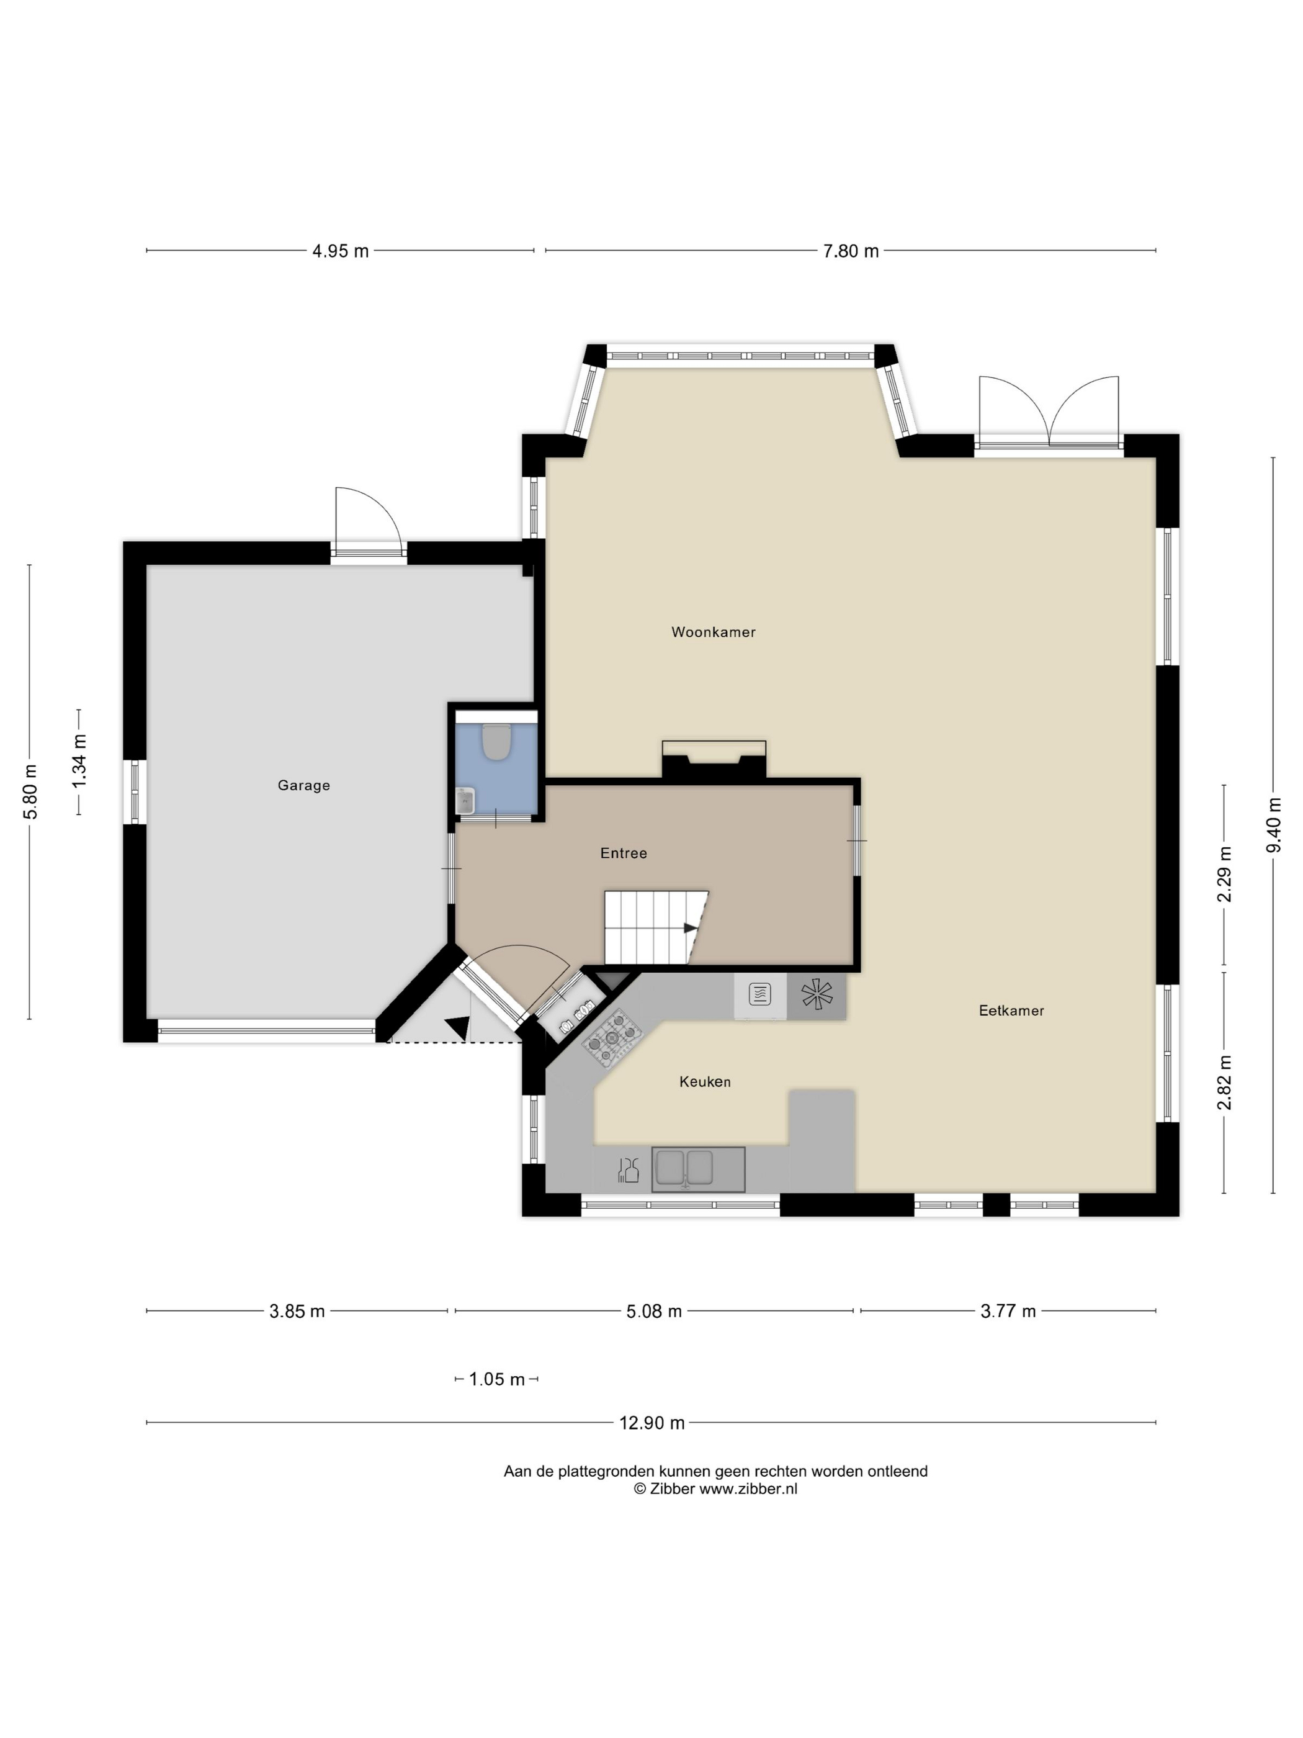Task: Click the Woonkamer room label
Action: [713, 632]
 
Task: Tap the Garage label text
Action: [304, 785]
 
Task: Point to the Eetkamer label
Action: [1011, 1011]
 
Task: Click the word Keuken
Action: [705, 1081]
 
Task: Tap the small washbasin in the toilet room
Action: [466, 801]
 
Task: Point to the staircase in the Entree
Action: [656, 927]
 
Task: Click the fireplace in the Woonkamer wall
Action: [714, 760]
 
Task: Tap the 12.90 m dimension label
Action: [652, 1423]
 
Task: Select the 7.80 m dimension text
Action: [851, 251]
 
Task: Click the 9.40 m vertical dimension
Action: [1274, 824]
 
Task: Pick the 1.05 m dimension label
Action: [497, 1379]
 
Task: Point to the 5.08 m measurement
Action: [654, 1312]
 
